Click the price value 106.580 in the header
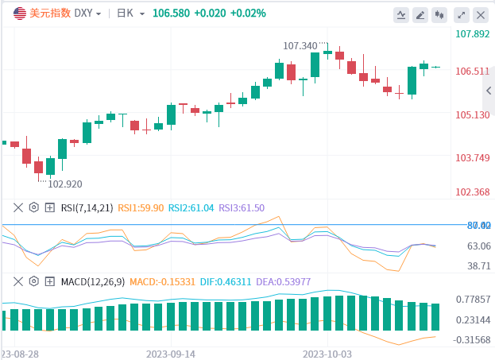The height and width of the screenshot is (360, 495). point(172,14)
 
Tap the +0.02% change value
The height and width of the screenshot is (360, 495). point(247,14)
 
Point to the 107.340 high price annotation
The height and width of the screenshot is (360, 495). point(300,45)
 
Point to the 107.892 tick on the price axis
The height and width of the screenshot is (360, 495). point(472,34)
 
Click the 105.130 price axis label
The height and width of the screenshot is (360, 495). point(472,114)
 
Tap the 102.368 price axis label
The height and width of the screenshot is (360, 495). point(472,192)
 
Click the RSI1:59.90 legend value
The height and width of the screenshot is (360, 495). point(140,207)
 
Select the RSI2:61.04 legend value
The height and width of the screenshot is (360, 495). point(191,207)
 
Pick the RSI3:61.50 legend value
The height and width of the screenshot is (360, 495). point(242,207)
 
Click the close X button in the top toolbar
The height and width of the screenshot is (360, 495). point(480,14)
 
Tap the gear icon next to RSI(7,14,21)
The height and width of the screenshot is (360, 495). point(33,207)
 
